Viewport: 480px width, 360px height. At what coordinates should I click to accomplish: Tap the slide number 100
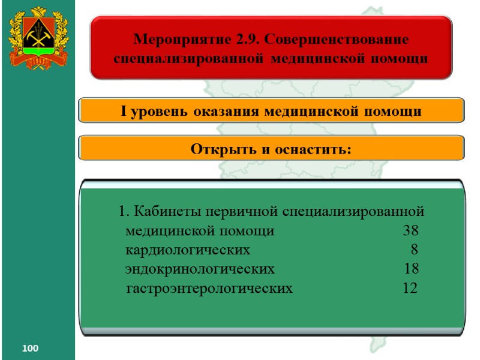30,349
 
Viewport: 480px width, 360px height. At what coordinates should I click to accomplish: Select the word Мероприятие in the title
182,40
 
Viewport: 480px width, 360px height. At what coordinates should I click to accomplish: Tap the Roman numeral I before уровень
124,112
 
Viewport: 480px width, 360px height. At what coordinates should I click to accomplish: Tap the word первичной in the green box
236,212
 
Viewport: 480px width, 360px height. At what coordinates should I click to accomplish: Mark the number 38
411,231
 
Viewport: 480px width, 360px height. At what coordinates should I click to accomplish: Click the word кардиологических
188,250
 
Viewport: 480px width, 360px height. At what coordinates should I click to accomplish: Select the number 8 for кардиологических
415,250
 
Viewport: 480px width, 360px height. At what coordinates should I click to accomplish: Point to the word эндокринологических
200,268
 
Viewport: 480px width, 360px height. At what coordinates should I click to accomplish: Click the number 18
412,268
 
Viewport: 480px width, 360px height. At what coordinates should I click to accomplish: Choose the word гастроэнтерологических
210,288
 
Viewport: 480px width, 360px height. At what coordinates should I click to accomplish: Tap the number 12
410,288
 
